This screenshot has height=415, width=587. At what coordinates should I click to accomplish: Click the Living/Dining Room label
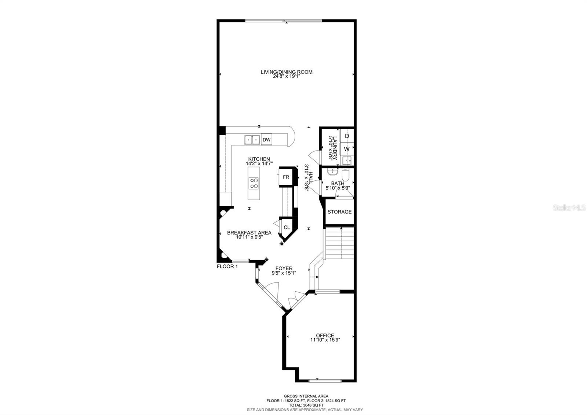[287, 72]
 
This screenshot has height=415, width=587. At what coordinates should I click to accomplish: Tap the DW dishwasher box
[267, 140]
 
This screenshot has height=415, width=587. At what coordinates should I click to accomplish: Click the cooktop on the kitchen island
[254, 183]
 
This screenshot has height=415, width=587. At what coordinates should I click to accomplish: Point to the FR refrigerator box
[286, 177]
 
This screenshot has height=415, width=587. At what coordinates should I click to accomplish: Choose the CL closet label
[287, 228]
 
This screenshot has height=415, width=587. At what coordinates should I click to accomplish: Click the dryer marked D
[347, 136]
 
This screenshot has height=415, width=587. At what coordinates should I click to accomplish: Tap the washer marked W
[347, 149]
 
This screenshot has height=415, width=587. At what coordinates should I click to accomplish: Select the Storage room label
[339, 212]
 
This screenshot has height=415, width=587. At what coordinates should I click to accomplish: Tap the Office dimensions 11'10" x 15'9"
[325, 340]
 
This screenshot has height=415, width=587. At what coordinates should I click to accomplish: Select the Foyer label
[284, 268]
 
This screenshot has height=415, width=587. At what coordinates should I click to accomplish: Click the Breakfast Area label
[249, 233]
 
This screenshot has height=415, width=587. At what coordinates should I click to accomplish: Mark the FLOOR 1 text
[227, 267]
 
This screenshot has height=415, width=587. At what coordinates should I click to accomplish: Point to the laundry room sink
[347, 160]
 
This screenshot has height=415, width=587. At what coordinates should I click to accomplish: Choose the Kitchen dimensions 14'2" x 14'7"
[259, 163]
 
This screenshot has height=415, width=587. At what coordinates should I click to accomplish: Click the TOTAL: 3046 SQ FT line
[306, 405]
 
